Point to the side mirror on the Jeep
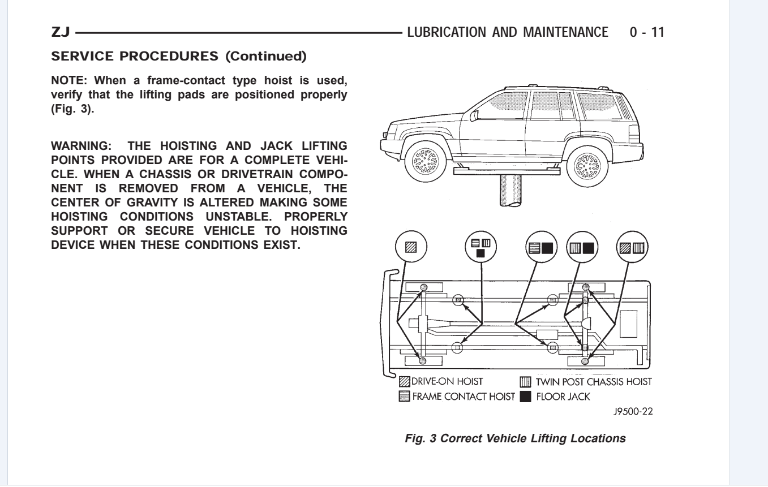[x=474, y=115]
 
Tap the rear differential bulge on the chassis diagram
[x=587, y=323]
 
